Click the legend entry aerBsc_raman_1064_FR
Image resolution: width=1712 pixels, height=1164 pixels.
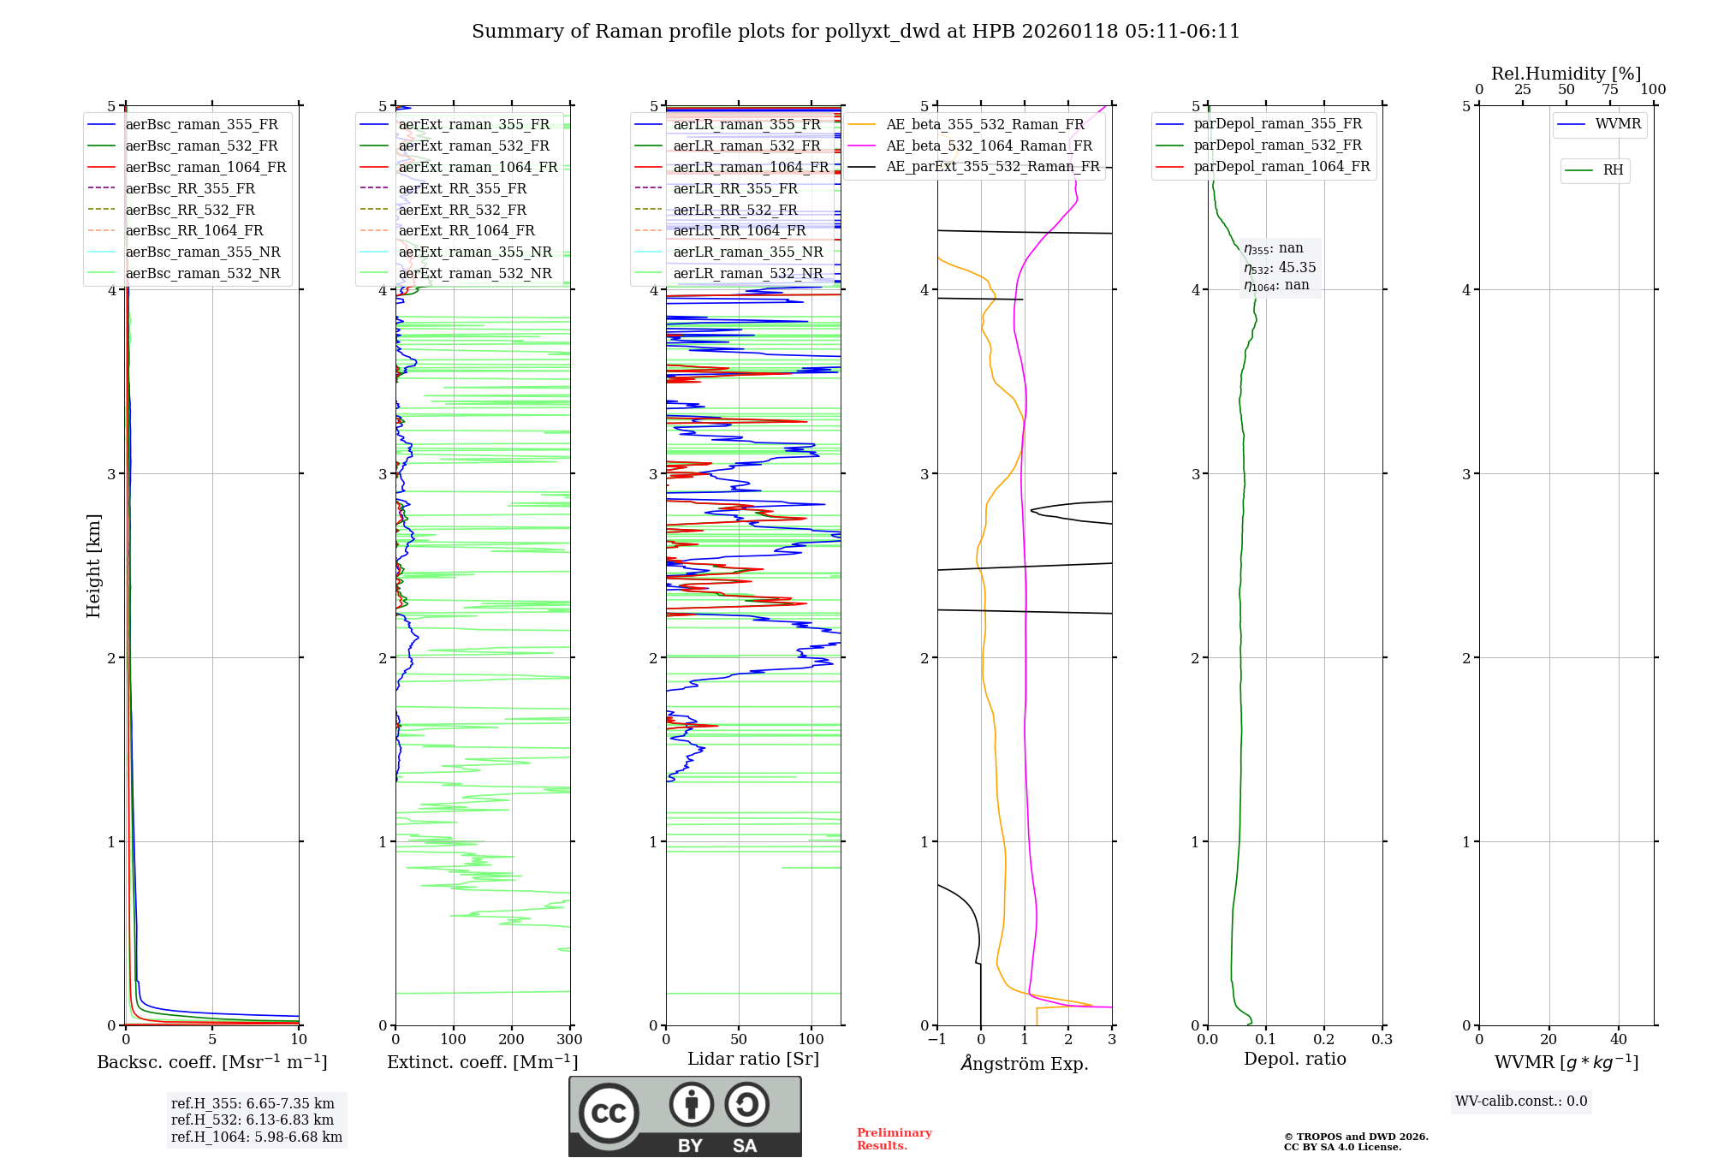pyautogui.click(x=205, y=168)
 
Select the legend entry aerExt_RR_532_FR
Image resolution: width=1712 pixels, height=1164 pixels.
pyautogui.click(x=462, y=210)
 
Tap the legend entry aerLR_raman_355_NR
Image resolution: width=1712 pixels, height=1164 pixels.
pyautogui.click(x=747, y=252)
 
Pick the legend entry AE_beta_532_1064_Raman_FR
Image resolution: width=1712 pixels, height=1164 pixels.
pyautogui.click(x=989, y=146)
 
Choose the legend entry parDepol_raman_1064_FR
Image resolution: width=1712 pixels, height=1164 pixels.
pyautogui.click(x=1281, y=167)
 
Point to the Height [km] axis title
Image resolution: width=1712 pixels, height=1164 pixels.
pyautogui.click(x=93, y=566)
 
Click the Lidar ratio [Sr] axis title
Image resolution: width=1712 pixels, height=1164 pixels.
pyautogui.click(x=752, y=1059)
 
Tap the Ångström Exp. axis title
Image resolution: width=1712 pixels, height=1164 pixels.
pyautogui.click(x=1024, y=1064)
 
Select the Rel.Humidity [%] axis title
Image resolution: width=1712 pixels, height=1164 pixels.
pyautogui.click(x=1566, y=74)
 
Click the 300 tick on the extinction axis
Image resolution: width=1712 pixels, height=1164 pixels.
pyautogui.click(x=569, y=1040)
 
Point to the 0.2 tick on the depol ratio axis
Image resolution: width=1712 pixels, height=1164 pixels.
pyautogui.click(x=1323, y=1040)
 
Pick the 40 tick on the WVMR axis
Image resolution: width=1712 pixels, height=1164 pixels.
pyautogui.click(x=1618, y=1040)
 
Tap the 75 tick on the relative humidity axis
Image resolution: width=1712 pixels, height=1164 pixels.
pyautogui.click(x=1609, y=90)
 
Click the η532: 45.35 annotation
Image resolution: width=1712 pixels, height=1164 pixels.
pyautogui.click(x=1280, y=268)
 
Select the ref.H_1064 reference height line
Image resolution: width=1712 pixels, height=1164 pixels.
pyautogui.click(x=256, y=1137)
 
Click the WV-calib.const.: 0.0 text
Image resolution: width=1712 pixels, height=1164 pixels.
pyautogui.click(x=1521, y=1102)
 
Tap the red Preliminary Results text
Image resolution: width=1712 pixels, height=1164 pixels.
pyautogui.click(x=894, y=1139)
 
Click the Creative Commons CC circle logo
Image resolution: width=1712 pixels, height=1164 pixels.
pyautogui.click(x=609, y=1114)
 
